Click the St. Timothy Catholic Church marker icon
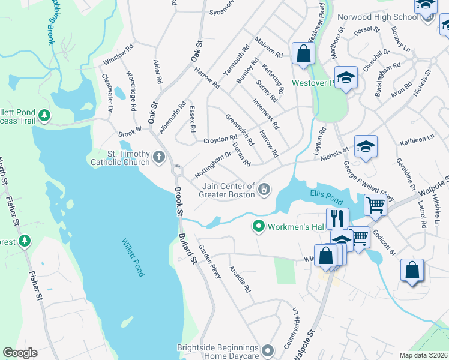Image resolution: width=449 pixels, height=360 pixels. (159, 158)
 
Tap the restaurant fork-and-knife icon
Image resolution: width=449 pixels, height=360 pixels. (337, 218)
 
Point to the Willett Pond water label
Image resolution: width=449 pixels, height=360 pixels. (133, 257)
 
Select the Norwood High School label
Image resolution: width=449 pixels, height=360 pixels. (378, 17)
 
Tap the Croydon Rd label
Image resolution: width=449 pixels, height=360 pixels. (220, 139)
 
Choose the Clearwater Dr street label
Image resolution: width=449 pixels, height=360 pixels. (107, 92)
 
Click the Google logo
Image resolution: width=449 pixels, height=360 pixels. (20, 353)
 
